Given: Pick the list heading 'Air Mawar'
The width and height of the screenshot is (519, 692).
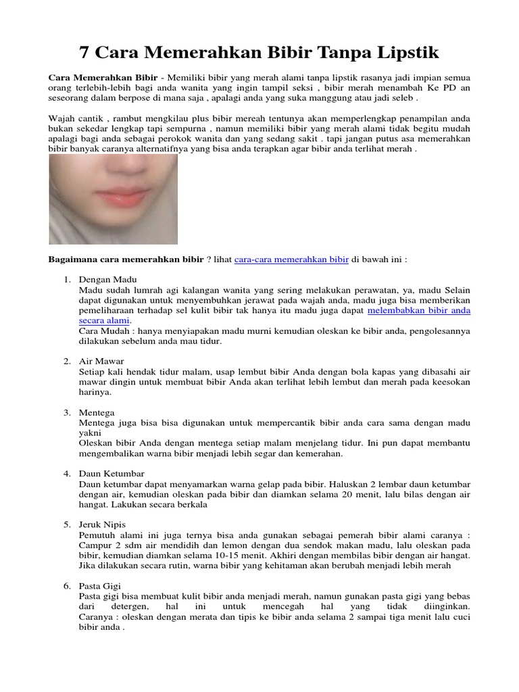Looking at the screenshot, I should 101,362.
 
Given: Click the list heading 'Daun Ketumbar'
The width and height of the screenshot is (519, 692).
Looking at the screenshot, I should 112,474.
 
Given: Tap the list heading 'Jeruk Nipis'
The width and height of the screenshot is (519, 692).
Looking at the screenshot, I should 102,524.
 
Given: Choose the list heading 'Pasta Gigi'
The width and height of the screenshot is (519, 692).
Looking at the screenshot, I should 100,586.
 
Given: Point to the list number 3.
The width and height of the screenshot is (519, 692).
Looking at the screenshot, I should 68,412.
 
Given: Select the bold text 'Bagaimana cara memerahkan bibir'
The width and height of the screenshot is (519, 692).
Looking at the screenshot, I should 126,259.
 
